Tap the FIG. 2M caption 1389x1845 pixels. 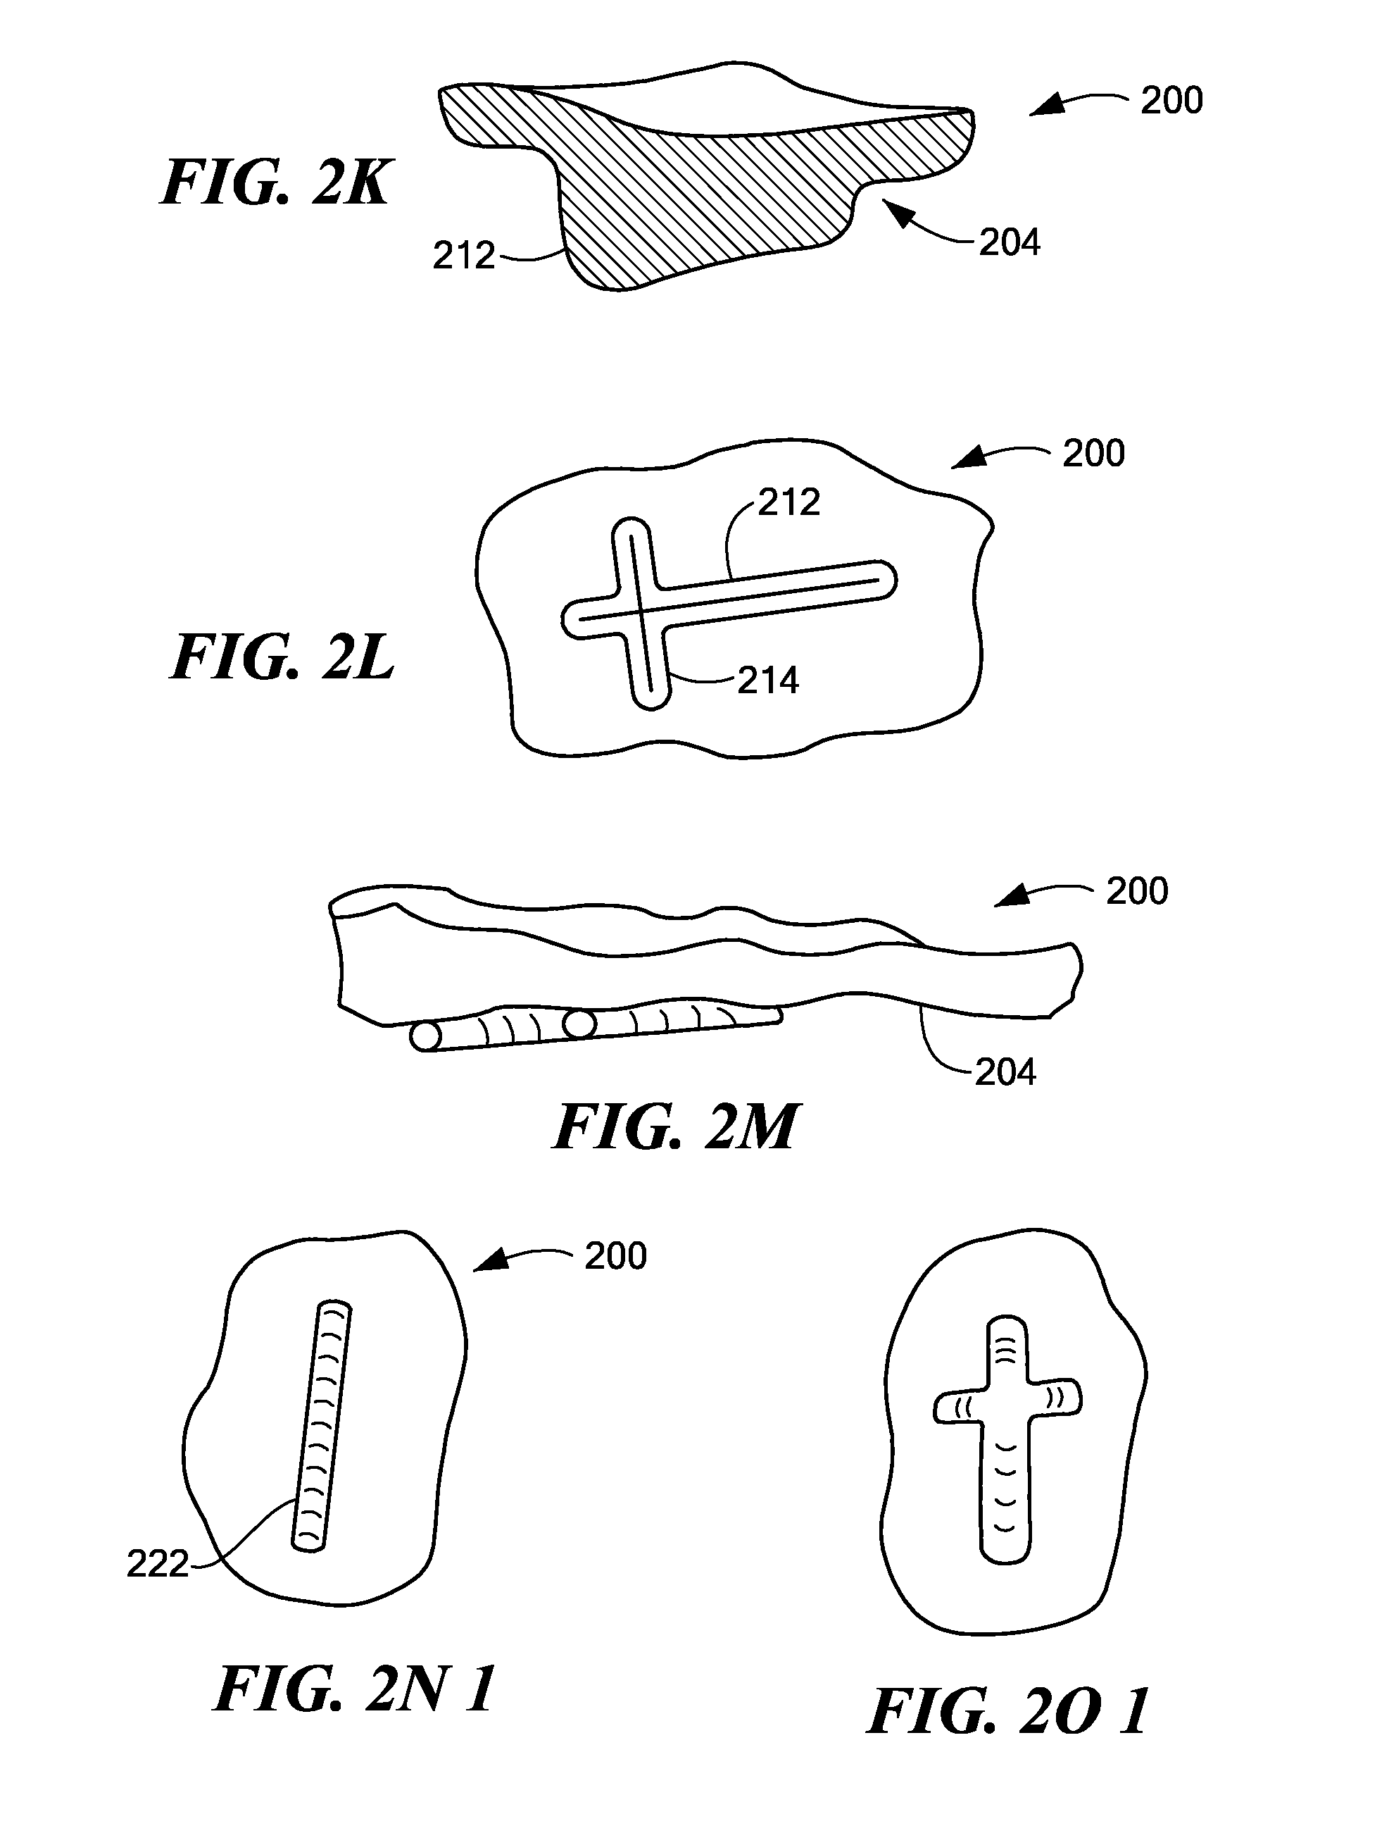click(674, 1127)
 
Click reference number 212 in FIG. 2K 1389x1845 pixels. click(463, 256)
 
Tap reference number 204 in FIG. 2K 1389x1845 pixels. click(1009, 243)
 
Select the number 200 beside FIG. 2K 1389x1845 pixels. click(1171, 100)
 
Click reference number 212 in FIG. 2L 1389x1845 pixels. click(788, 502)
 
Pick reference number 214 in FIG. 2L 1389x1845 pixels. click(768, 681)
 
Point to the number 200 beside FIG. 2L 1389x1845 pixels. click(1093, 453)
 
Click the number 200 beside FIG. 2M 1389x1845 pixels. click(1136, 891)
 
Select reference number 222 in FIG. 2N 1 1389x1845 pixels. click(158, 1565)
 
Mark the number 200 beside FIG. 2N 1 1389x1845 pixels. click(615, 1256)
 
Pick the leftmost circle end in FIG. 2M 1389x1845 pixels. click(425, 1038)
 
